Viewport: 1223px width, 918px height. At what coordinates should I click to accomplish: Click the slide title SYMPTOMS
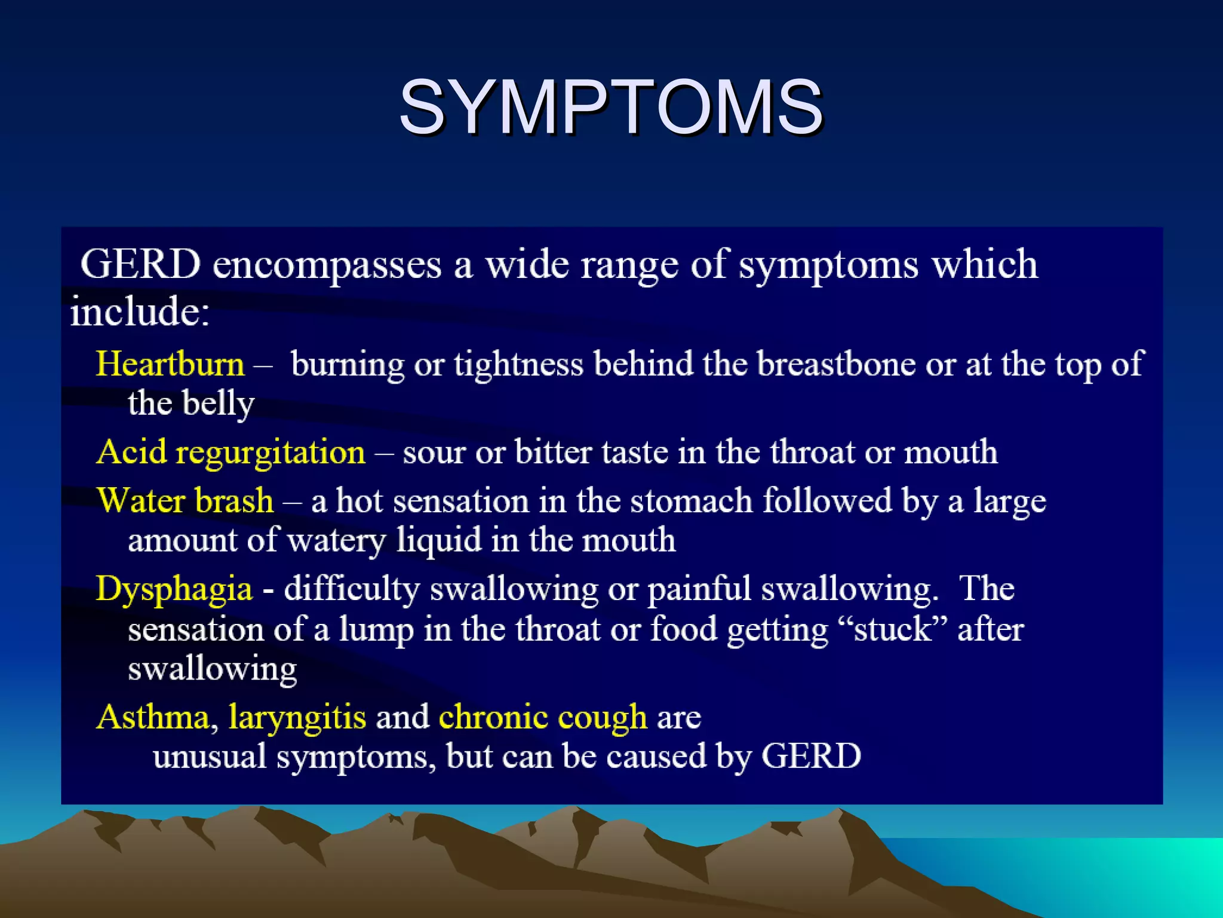pos(611,108)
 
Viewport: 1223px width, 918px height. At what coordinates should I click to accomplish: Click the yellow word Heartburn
pos(170,364)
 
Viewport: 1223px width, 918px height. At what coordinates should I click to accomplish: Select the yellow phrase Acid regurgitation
pos(231,452)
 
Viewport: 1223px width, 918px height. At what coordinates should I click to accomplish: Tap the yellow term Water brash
pos(185,500)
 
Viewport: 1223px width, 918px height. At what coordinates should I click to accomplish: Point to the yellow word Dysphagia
pos(174,589)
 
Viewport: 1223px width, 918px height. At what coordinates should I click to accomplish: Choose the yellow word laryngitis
pos(297,717)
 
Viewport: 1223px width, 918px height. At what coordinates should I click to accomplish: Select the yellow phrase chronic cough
pos(543,717)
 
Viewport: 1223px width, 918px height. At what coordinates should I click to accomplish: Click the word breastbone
pos(836,364)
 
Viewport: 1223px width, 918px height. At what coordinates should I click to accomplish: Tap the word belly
pos(219,404)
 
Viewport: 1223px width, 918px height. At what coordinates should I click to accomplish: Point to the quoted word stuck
pos(893,629)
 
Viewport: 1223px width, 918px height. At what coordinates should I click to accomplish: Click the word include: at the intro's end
pos(140,311)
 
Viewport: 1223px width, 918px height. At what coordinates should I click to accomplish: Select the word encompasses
pos(327,264)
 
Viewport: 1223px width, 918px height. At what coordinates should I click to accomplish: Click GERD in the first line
pos(141,264)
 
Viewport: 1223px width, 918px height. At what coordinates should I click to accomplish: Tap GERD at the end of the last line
pos(811,756)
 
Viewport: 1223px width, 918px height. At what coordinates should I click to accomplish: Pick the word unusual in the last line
pos(210,756)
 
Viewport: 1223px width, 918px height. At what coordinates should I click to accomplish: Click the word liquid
pos(439,540)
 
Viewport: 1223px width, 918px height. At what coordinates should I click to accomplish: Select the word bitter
pos(553,452)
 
